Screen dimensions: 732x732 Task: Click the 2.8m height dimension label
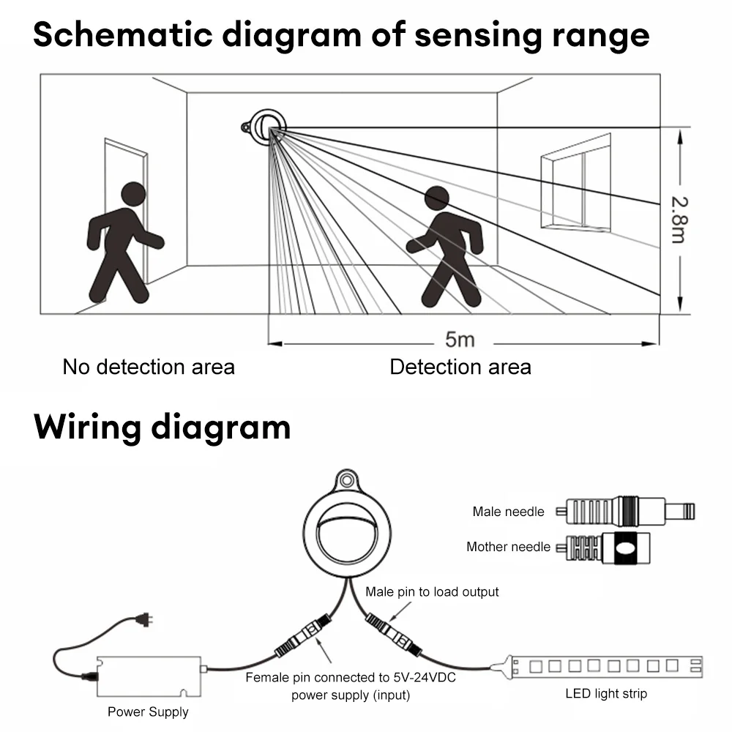(679, 220)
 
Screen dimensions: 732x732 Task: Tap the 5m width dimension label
(460, 340)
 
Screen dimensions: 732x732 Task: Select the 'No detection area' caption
(149, 367)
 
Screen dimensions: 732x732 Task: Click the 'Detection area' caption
(460, 367)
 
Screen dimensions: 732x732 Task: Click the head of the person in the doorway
(132, 195)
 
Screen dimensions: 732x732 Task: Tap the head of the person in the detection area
(437, 198)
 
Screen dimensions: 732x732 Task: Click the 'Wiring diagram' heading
(162, 427)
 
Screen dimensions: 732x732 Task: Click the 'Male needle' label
(508, 512)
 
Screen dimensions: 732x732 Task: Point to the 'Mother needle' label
(508, 547)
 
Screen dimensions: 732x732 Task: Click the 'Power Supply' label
(148, 712)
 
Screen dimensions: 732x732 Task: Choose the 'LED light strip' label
(606, 693)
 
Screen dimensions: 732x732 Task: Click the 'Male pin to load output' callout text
(432, 591)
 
